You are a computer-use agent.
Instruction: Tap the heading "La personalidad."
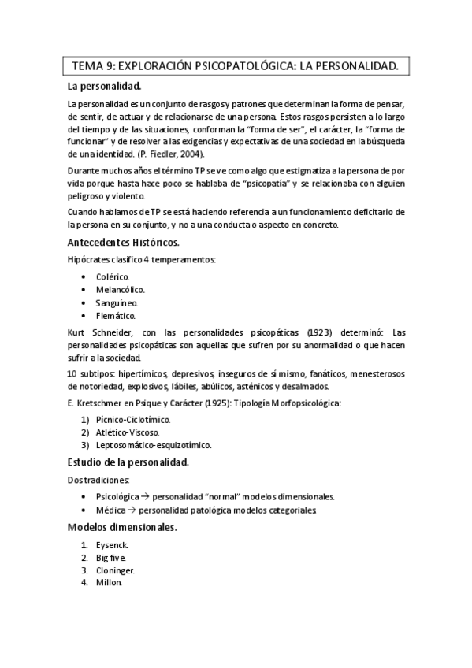(105, 87)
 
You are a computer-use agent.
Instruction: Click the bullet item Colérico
(113, 277)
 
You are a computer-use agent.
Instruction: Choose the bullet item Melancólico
(120, 290)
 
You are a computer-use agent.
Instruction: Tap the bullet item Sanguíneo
(117, 302)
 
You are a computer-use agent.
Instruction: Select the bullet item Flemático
(116, 315)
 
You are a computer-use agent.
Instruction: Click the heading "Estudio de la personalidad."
(128, 462)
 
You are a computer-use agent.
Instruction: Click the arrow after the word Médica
(132, 510)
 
